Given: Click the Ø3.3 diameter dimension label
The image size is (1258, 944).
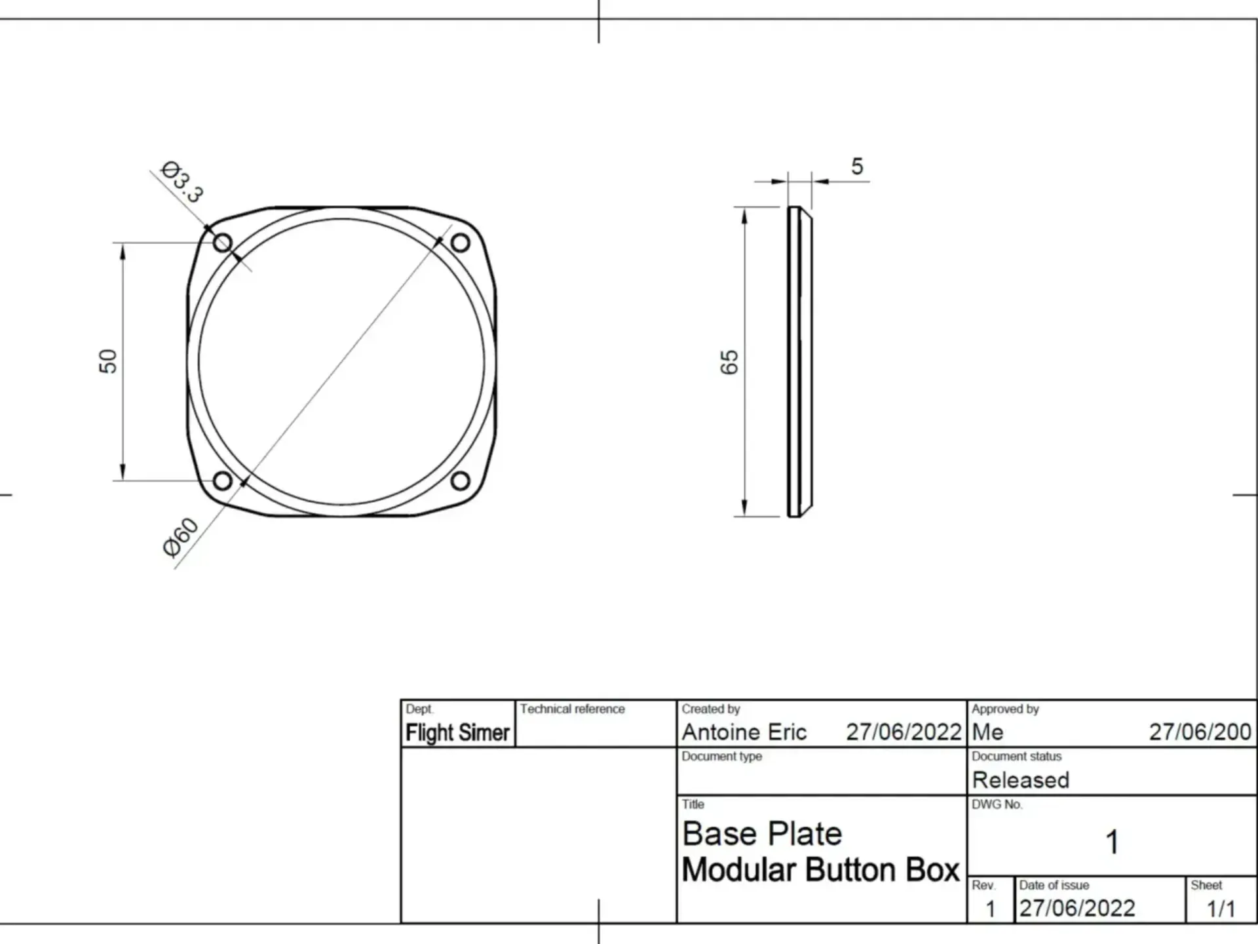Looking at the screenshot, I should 181,182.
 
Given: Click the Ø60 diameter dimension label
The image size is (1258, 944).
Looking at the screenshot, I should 180,538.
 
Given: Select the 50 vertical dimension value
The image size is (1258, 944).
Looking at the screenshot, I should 108,361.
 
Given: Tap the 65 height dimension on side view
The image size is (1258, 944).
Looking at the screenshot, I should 729,362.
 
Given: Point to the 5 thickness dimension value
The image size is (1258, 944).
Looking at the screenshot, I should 857,167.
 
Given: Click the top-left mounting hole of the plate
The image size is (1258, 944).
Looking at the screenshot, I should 223,243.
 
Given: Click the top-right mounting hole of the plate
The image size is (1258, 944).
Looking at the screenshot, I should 461,243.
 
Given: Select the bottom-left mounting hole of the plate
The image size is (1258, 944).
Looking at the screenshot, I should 223,481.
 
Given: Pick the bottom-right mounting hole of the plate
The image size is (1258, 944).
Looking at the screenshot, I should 461,481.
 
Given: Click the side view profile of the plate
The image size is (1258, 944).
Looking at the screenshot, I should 799,362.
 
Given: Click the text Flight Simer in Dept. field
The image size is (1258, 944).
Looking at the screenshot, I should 457,733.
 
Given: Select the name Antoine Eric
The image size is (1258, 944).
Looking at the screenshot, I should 744,732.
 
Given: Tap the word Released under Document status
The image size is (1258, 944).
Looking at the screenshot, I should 1020,780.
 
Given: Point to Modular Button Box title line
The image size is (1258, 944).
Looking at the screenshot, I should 820,871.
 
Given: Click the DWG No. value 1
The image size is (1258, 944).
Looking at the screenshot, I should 1112,842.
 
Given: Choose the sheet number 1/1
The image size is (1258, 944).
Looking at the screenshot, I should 1221,909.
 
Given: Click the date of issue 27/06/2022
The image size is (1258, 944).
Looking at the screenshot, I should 1077,909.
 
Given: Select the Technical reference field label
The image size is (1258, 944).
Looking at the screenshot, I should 572,709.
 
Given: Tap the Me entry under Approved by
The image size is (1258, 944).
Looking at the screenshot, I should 987,732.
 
